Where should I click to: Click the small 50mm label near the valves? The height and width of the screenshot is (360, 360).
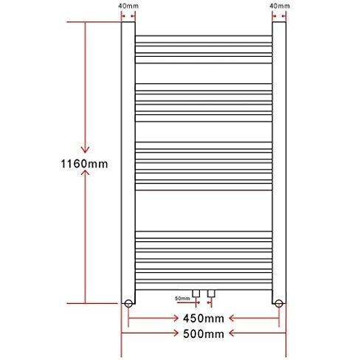click(x=181, y=298)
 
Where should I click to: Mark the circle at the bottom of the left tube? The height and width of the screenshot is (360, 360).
click(x=128, y=302)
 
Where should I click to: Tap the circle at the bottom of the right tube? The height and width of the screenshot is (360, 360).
click(x=279, y=302)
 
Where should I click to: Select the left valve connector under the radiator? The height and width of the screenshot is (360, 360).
click(x=196, y=294)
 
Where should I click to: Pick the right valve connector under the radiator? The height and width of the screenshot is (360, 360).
click(x=212, y=294)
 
